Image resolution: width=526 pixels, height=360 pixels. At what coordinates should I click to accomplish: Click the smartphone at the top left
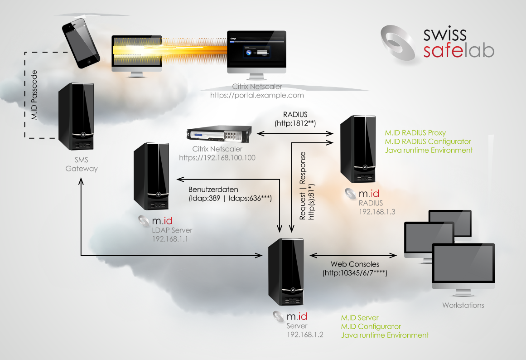tap(82, 43)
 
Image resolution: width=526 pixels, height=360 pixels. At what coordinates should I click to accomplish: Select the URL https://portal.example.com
tap(257, 96)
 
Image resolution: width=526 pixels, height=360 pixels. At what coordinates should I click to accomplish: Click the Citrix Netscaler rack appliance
tap(219, 135)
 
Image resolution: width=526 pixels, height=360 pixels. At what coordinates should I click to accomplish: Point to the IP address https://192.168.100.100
tap(217, 158)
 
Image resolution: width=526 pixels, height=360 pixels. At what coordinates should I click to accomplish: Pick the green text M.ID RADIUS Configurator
tap(428, 141)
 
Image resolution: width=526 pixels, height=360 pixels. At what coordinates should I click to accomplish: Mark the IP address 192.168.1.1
tap(170, 238)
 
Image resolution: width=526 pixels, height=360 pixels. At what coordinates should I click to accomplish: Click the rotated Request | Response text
tap(302, 186)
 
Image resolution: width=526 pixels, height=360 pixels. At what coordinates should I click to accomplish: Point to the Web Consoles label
tap(355, 264)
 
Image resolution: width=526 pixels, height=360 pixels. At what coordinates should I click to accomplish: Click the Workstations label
tap(463, 305)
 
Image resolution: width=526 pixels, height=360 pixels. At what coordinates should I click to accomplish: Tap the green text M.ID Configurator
tap(371, 326)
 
